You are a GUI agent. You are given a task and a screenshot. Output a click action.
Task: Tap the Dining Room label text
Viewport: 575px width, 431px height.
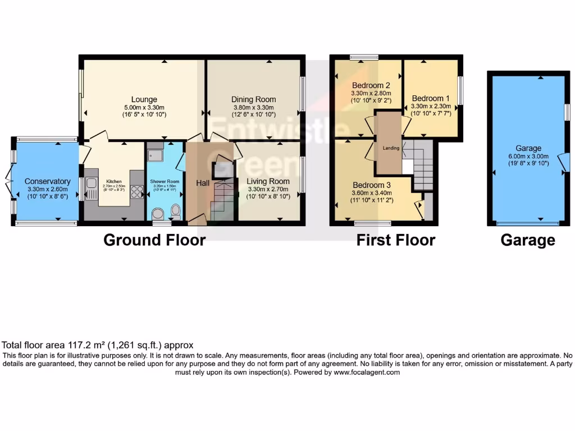pos(254,99)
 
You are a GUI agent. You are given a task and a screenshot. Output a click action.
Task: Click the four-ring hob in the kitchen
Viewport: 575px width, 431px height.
pos(136,192)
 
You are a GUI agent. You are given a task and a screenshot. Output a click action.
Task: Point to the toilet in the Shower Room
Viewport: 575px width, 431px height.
pos(176,212)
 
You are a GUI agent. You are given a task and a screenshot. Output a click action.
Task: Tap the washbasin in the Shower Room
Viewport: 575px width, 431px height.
pos(158,213)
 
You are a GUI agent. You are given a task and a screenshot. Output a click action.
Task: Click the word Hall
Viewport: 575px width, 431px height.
pos(203,183)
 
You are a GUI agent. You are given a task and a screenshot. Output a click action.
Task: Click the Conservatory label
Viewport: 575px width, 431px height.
pos(47,181)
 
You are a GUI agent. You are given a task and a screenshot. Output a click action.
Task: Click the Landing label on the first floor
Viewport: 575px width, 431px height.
pos(391,148)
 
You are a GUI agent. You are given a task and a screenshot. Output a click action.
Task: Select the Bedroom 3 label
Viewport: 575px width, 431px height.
pos(371,185)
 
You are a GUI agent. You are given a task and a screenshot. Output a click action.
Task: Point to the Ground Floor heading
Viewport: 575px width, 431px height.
pos(154,240)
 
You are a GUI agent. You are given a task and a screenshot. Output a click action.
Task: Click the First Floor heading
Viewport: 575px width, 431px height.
pos(396,240)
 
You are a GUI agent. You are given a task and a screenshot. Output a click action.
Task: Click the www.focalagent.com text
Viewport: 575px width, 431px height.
pos(367,372)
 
